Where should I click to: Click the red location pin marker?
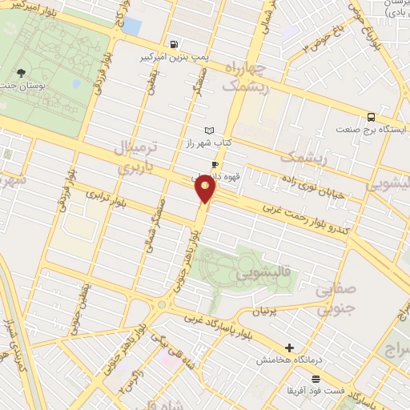point(206,189)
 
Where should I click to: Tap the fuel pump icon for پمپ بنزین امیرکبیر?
point(173,44)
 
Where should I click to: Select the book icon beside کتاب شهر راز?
point(210,131)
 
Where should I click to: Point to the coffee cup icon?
point(215,166)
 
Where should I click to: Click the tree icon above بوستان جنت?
point(21,73)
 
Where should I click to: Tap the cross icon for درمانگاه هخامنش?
point(289,348)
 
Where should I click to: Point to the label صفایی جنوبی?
point(343,297)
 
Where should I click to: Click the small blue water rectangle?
point(131,26)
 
